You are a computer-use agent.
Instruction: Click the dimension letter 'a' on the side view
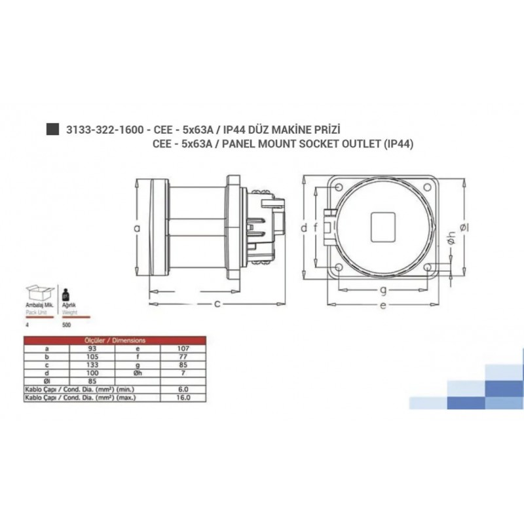pyautogui.click(x=137, y=228)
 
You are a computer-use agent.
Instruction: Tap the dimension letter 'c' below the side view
pyautogui.click(x=217, y=303)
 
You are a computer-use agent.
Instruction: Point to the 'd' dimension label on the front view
pyautogui.click(x=304, y=228)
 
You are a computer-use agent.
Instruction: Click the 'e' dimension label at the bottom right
pyautogui.click(x=382, y=306)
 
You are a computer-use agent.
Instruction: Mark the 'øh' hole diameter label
pyautogui.click(x=451, y=241)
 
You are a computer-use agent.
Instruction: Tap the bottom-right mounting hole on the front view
pyautogui.click(x=427, y=268)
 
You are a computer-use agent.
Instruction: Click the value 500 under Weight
pyautogui.click(x=65, y=324)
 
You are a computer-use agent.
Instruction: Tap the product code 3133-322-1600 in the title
pyautogui.click(x=103, y=130)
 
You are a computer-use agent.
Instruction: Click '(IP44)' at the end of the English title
pyautogui.click(x=398, y=143)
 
